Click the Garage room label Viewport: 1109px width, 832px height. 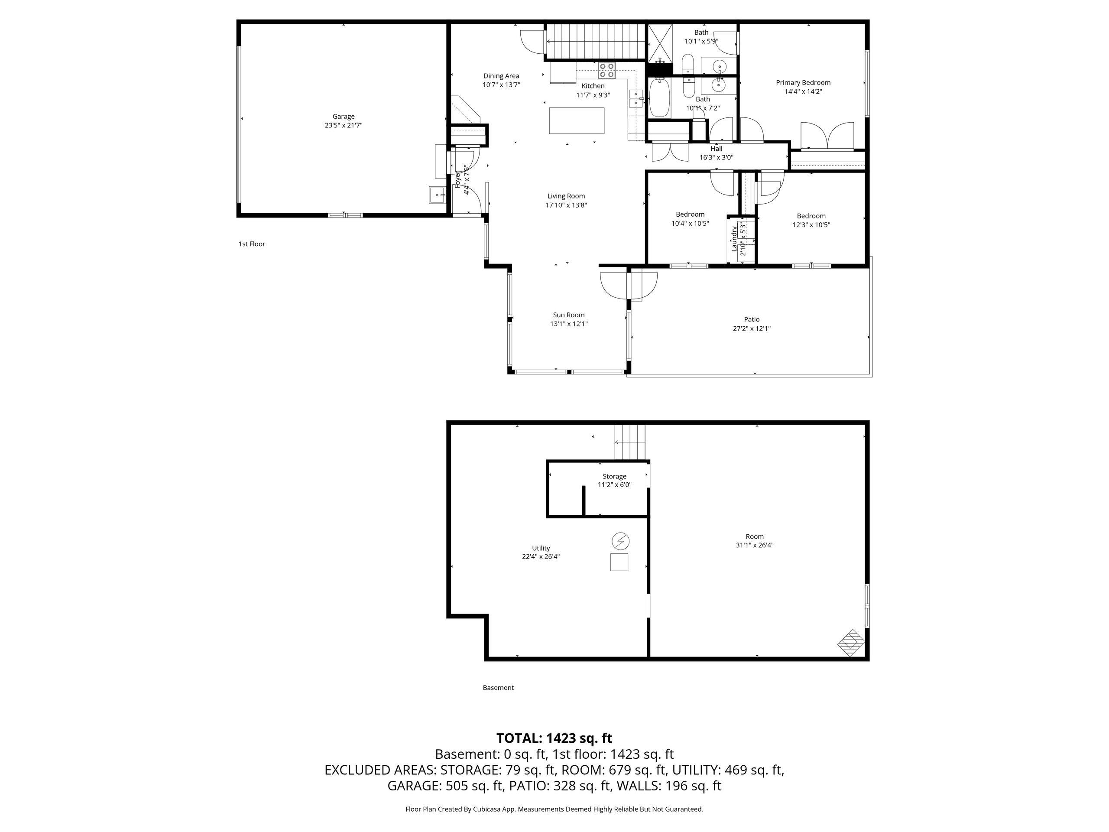click(x=344, y=116)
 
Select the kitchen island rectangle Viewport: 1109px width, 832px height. click(x=577, y=121)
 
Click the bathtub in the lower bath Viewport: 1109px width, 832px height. click(x=659, y=99)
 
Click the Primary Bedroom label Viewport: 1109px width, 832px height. click(x=803, y=83)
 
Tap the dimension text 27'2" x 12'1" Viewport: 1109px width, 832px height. click(x=752, y=328)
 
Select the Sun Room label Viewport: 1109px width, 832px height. click(x=568, y=315)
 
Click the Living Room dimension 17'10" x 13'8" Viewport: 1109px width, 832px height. click(x=566, y=205)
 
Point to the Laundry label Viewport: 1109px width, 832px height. click(x=734, y=238)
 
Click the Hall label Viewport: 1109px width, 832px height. click(x=717, y=149)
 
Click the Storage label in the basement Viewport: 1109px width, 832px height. click(x=614, y=476)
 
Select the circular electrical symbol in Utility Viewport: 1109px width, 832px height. click(x=621, y=541)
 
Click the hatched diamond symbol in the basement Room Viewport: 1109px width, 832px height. click(x=851, y=643)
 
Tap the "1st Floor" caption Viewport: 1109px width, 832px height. click(x=252, y=244)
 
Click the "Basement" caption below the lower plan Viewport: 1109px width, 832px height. click(x=498, y=688)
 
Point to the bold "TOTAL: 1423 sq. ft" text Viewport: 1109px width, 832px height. click(x=554, y=738)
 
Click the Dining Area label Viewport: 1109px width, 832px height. click(x=501, y=76)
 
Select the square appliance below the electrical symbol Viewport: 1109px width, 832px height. click(x=619, y=562)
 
